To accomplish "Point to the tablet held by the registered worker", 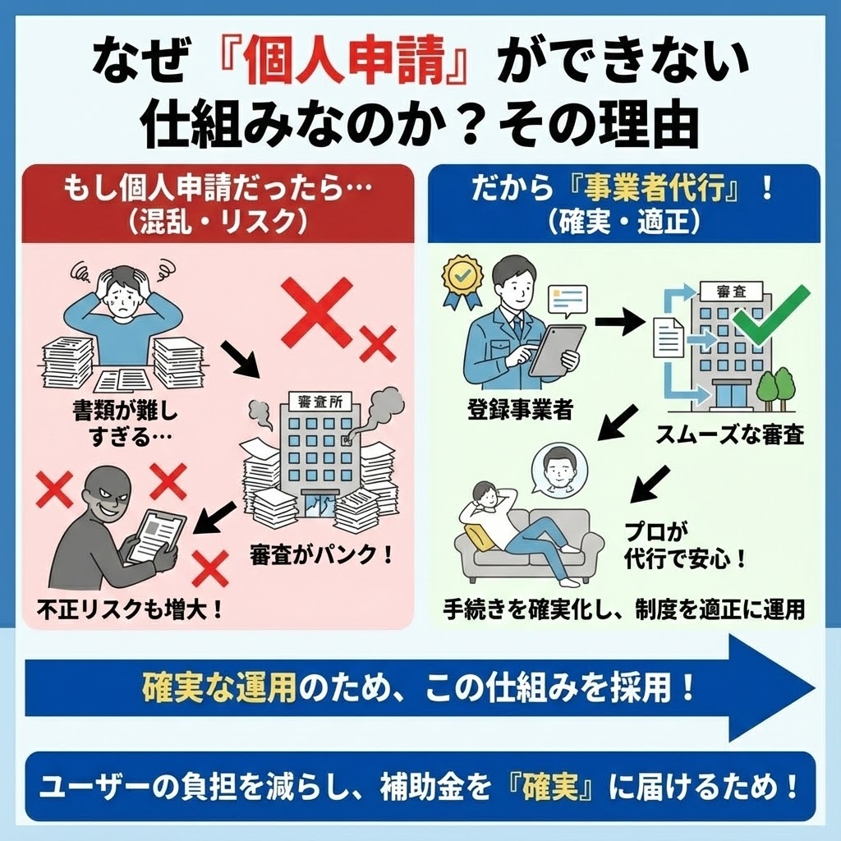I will click(x=557, y=348).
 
